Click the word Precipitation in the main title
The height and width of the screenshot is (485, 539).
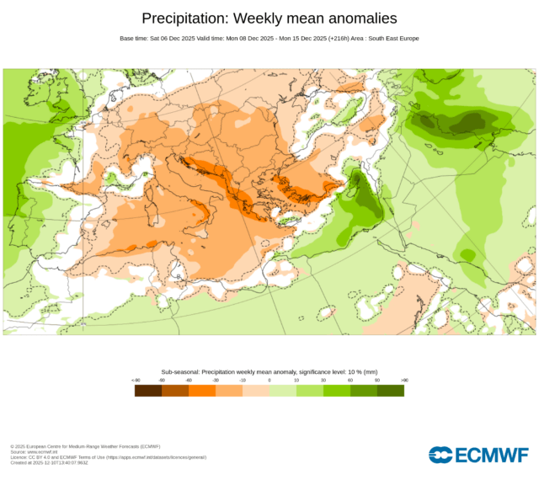184,19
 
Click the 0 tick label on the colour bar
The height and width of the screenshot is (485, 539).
269,381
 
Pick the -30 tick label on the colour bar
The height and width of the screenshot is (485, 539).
216,381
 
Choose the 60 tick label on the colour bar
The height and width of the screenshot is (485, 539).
350,381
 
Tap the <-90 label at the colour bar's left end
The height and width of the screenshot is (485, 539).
136,381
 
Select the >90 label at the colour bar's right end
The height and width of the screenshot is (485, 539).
404,381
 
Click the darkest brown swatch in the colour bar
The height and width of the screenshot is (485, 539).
148,390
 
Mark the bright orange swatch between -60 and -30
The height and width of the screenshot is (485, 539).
202,390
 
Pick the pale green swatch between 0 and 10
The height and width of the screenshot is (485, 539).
283,390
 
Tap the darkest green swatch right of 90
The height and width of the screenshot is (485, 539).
391,390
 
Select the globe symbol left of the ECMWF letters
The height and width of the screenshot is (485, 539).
440,456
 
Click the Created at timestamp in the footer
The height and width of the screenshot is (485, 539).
50,461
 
